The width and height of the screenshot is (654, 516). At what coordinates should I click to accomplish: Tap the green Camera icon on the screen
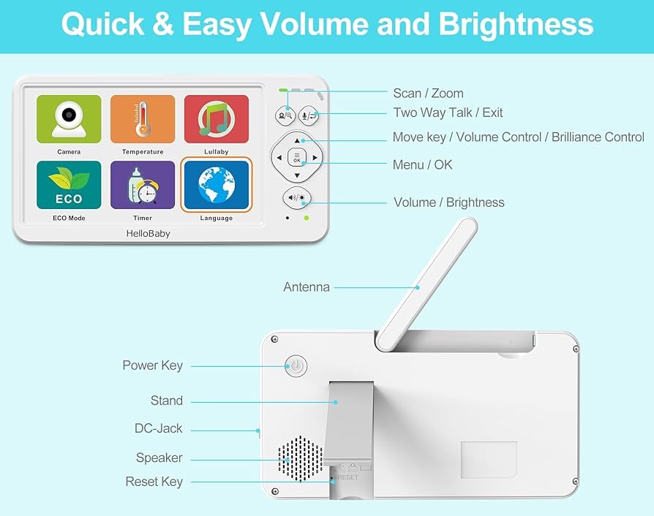click(x=69, y=119)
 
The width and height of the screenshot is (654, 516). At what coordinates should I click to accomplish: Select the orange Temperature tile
click(x=143, y=119)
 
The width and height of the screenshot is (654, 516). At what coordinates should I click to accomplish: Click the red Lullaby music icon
click(x=217, y=119)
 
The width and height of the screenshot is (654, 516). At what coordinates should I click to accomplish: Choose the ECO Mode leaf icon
click(x=69, y=185)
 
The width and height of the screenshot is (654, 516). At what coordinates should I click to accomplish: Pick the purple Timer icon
click(x=143, y=185)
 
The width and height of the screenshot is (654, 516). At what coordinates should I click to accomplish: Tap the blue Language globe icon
click(x=217, y=185)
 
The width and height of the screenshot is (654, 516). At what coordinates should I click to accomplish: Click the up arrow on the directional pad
click(x=297, y=141)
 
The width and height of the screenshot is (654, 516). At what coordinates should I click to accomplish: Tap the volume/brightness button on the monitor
click(x=297, y=198)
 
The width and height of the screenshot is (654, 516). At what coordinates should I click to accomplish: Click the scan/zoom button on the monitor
click(x=285, y=115)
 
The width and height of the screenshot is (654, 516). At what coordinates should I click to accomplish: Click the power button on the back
click(x=296, y=366)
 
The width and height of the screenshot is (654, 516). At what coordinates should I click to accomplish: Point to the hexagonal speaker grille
click(x=301, y=459)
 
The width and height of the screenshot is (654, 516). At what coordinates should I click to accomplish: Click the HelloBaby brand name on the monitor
click(x=148, y=234)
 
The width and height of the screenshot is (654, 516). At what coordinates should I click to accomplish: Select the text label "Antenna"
click(x=307, y=287)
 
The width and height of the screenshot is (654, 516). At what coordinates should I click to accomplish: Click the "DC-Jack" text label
click(x=159, y=428)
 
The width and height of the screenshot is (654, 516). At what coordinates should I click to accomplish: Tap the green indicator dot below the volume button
click(x=307, y=218)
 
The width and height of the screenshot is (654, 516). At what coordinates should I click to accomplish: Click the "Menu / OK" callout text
click(x=423, y=164)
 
